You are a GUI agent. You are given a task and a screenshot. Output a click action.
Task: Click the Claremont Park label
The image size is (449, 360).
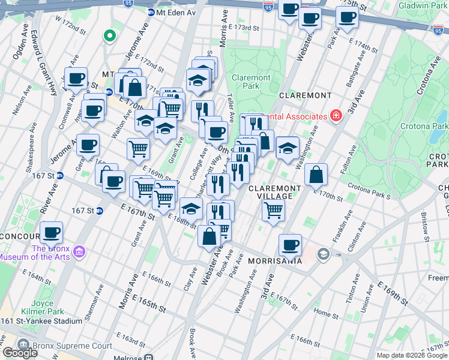click(251, 82)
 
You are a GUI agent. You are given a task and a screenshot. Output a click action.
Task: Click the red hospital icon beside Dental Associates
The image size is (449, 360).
click(335, 115)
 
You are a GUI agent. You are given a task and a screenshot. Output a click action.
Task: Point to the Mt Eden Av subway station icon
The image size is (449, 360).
click(151, 12)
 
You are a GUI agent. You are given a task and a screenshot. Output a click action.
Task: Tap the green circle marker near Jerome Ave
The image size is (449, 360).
click(109, 36)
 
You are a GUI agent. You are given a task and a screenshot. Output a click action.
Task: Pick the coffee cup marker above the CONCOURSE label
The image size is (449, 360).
click(52, 232)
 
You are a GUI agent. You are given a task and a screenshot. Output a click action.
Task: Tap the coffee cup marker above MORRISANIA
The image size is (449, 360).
click(291, 244)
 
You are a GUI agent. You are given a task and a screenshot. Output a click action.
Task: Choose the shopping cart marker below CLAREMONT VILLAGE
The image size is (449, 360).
click(273, 211)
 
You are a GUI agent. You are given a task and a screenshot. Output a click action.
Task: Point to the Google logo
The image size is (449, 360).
click(20, 353)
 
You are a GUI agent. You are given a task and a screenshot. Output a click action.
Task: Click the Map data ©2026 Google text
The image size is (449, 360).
click(412, 355)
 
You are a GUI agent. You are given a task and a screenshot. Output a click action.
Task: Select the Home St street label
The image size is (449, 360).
click(326, 313)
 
